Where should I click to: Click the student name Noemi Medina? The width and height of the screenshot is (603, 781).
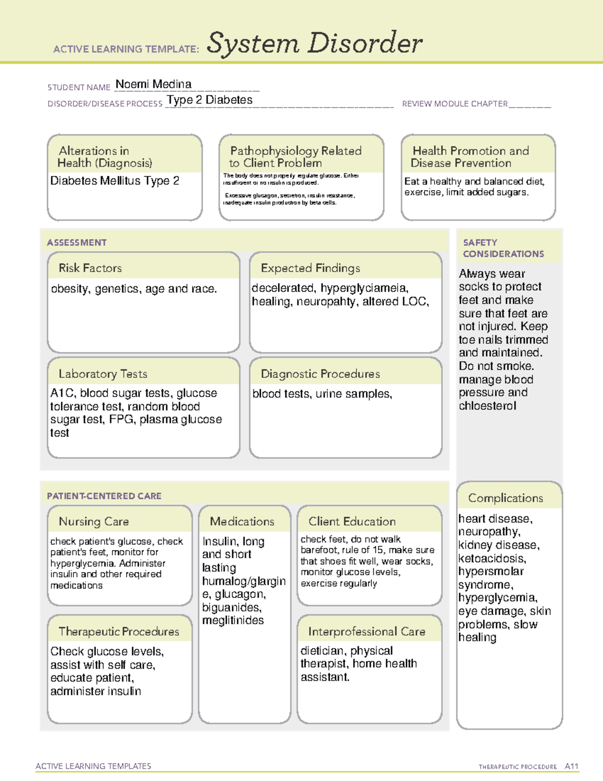point(153,84)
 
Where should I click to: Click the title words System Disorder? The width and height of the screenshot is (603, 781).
point(315,43)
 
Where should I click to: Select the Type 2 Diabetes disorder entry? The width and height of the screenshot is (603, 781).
point(210,100)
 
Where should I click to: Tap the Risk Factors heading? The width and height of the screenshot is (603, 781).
point(90,268)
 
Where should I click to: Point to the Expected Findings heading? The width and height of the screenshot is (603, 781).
point(310,268)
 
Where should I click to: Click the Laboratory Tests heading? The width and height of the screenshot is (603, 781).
point(103,374)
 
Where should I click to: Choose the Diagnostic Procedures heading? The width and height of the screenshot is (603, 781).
point(320,374)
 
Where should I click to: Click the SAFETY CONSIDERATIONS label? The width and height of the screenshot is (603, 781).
point(503,248)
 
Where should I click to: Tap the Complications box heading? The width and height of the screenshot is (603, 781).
point(506,498)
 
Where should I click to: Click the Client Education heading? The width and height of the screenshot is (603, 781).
point(352,522)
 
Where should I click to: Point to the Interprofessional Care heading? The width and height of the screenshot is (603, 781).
point(366,631)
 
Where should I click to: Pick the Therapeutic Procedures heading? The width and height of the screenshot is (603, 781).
point(119,631)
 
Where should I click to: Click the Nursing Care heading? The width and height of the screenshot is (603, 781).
point(93,522)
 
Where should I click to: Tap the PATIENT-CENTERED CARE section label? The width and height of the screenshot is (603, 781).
point(104,496)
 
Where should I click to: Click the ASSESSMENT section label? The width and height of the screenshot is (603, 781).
point(76,242)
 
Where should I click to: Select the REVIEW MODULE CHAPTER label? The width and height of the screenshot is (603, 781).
point(455,104)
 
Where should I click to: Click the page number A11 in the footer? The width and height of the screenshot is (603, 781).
point(571,766)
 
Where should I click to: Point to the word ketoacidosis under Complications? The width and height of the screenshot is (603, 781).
point(491,558)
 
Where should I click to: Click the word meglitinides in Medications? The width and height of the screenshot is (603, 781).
point(233,621)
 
